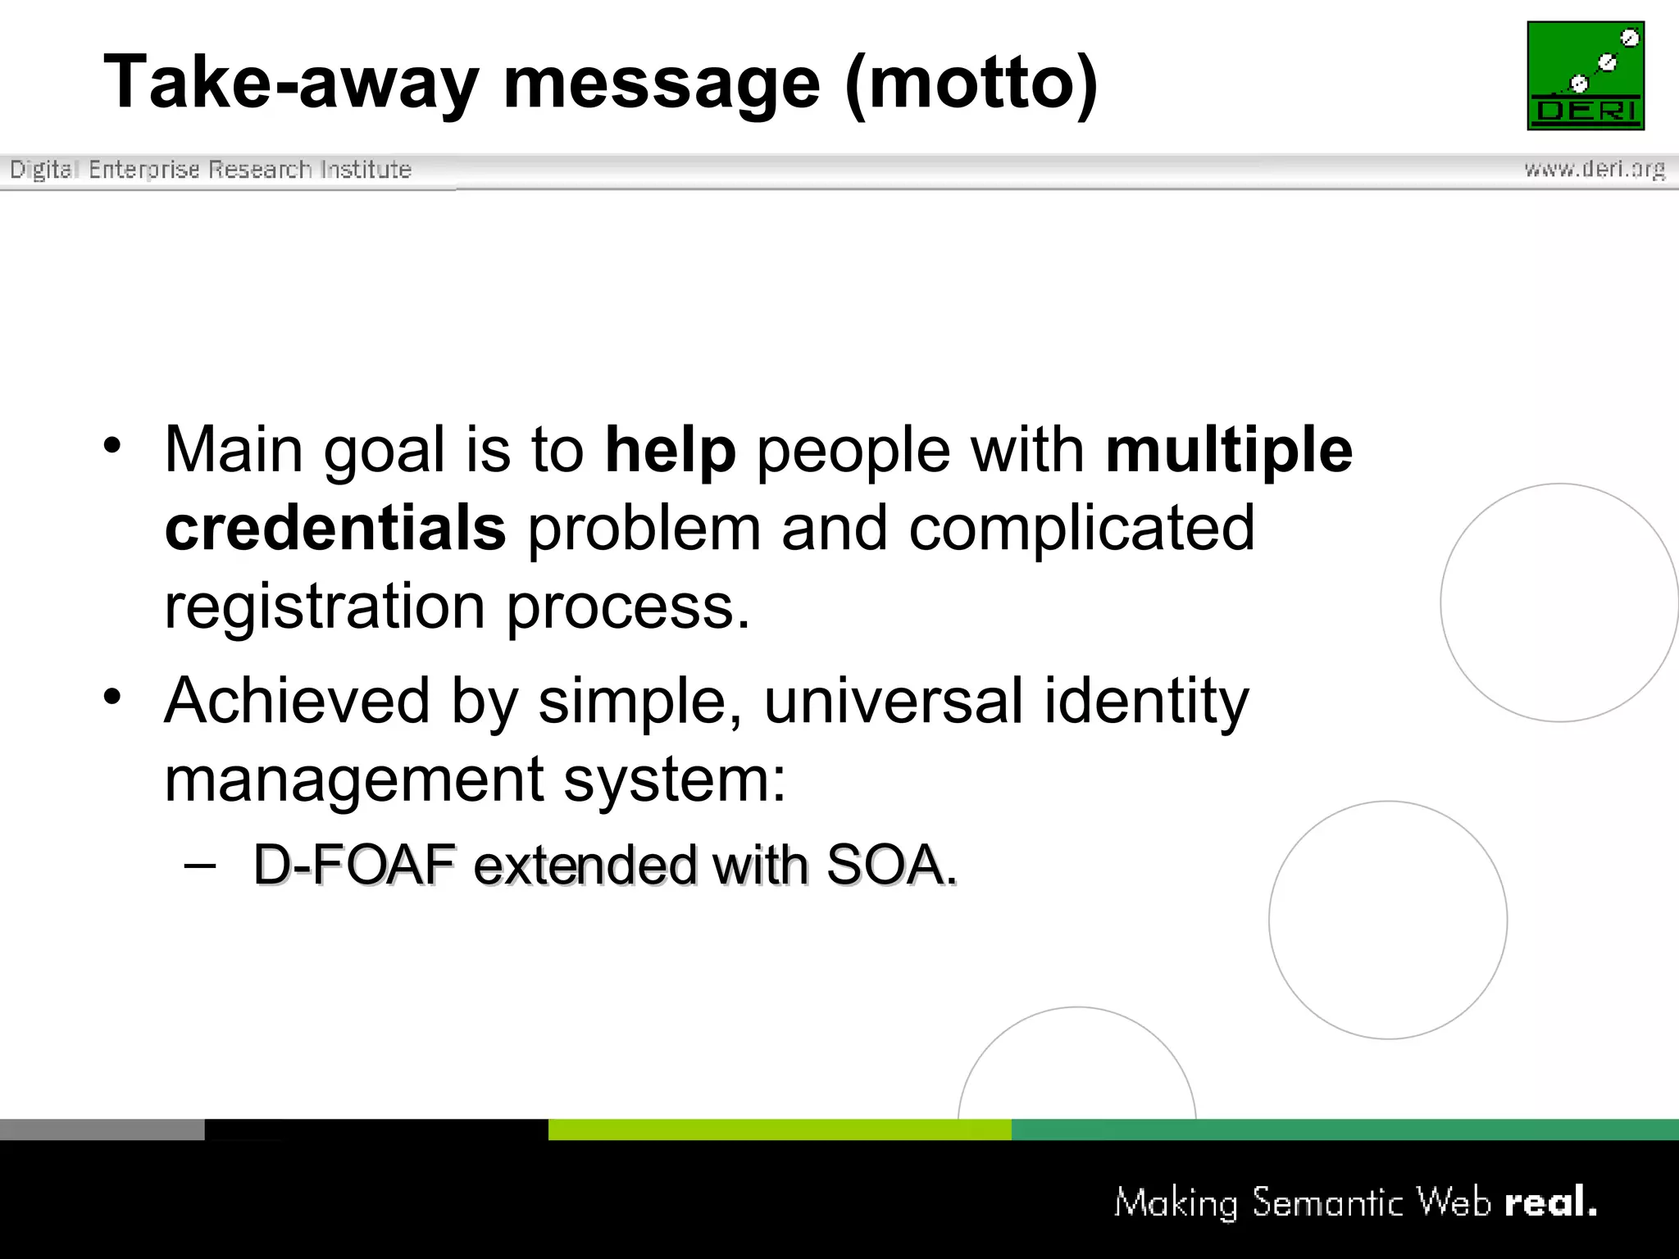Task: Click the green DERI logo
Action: pos(1586,75)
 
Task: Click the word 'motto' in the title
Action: pos(971,82)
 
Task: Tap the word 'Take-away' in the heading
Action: pos(290,82)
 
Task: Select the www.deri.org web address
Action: pos(1595,169)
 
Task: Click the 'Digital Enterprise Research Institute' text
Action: pos(211,170)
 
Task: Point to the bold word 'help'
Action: pos(670,450)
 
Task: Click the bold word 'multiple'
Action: pos(1229,450)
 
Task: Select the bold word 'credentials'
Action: pos(335,529)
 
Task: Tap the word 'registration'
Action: pos(325,607)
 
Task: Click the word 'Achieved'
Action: pos(297,701)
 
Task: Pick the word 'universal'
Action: pos(894,701)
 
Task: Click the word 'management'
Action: pos(353,779)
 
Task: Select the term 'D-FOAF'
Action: pos(354,865)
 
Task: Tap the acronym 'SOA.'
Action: pos(891,865)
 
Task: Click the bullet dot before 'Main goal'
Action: pos(112,445)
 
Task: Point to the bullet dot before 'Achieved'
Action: pos(112,697)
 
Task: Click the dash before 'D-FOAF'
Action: pos(200,865)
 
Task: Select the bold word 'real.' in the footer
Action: pos(1550,1202)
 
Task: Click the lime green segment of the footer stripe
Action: pos(779,1129)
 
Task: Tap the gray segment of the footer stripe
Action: pos(102,1129)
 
